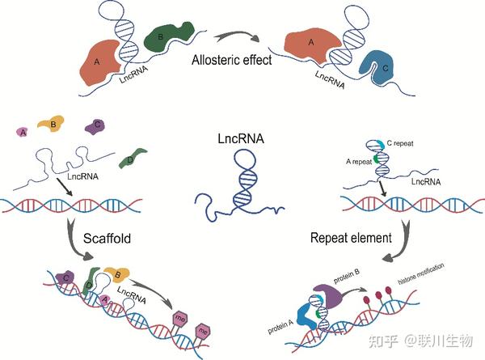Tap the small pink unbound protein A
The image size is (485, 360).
coord(23,132)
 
